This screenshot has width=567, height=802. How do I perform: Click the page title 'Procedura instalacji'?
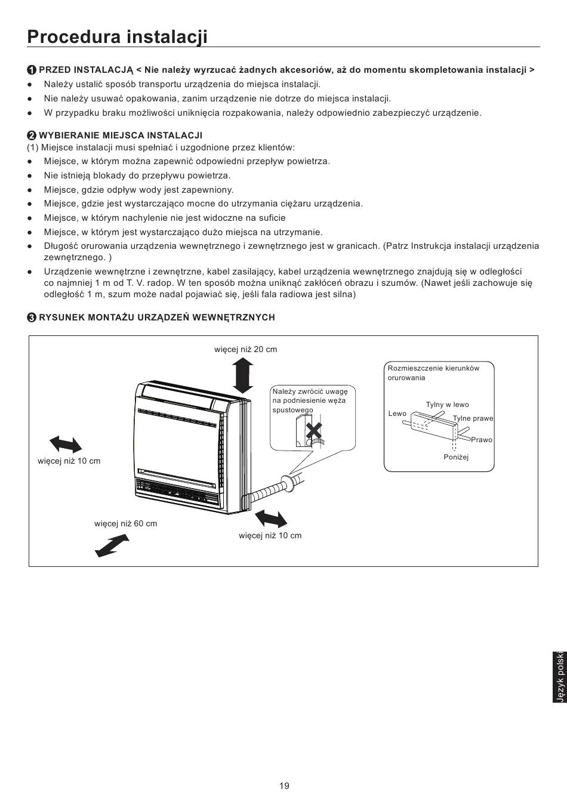[117, 36]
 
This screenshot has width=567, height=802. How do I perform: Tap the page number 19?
[284, 785]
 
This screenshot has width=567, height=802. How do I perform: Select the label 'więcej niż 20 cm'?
[245, 349]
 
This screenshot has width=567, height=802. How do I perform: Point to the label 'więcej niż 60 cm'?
[126, 523]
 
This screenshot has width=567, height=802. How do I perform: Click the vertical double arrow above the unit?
[243, 377]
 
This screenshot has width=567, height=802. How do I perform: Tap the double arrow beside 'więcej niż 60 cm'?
[112, 545]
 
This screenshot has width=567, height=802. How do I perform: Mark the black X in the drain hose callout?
[313, 431]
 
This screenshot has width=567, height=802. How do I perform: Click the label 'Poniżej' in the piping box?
[456, 457]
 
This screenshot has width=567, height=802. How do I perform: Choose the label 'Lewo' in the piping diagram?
[397, 414]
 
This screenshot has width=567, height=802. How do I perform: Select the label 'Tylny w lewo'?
[448, 405]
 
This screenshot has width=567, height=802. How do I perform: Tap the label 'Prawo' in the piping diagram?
[482, 440]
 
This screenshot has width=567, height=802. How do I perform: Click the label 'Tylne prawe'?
[473, 418]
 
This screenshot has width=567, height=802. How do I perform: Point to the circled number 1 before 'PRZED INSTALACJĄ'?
[32, 70]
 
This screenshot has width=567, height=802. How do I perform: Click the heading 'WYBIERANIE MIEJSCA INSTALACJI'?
[121, 135]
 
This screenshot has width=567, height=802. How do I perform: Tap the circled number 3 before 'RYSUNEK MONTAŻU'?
[32, 317]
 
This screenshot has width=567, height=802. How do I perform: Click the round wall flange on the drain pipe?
[286, 483]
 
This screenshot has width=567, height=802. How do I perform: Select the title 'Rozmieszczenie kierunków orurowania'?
[433, 373]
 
